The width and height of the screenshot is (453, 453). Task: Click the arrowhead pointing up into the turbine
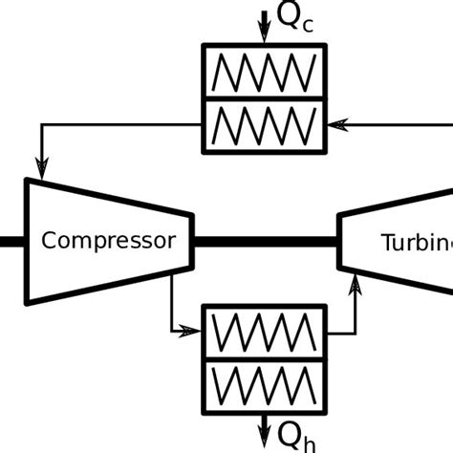pyautogui.click(x=357, y=284)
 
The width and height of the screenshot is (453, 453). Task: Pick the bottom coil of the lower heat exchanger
pyautogui.click(x=264, y=385)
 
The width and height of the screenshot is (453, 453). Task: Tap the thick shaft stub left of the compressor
pyautogui.click(x=11, y=241)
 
